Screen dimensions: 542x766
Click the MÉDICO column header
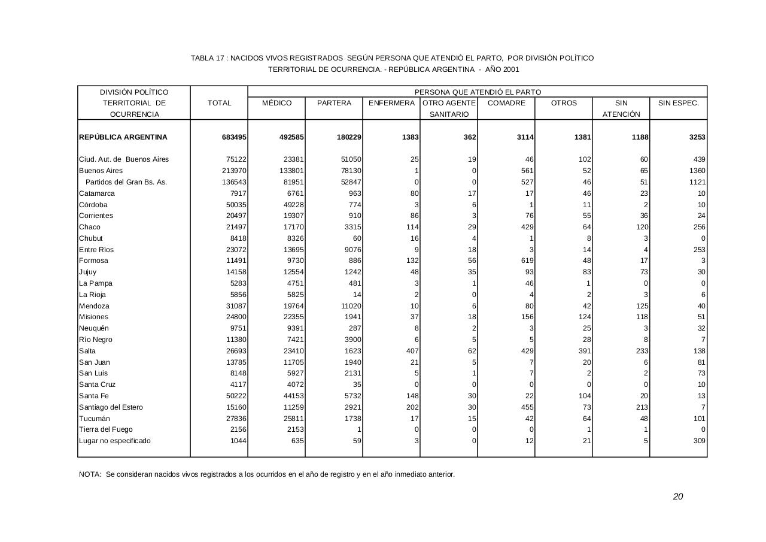(x=276, y=103)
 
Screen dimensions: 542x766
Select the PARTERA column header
(x=334, y=103)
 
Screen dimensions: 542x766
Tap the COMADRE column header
(x=506, y=103)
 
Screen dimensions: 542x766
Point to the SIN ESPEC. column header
(x=678, y=103)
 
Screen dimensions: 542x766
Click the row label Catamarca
(x=97, y=193)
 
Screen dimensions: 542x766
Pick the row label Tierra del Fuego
(x=106, y=429)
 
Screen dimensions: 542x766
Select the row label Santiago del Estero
(x=111, y=407)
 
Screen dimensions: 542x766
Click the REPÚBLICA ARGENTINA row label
(x=123, y=137)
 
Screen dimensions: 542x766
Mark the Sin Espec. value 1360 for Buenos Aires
(x=697, y=171)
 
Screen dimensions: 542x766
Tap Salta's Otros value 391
(x=585, y=351)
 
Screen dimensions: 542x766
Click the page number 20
(x=677, y=496)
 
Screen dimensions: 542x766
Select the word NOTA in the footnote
(x=90, y=474)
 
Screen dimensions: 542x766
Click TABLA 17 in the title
(x=208, y=58)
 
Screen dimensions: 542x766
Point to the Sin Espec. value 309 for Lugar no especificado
(x=699, y=441)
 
